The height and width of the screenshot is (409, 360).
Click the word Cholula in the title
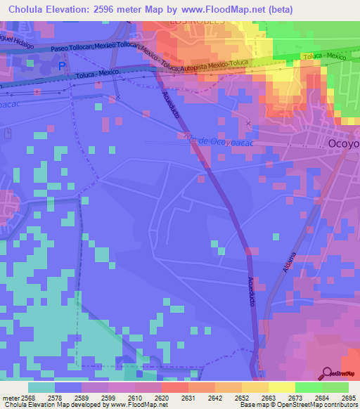pos(28,9)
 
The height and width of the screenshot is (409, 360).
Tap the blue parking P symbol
pos(62,65)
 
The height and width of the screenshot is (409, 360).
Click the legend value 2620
pos(161,399)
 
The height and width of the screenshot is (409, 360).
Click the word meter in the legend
pos(11,399)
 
